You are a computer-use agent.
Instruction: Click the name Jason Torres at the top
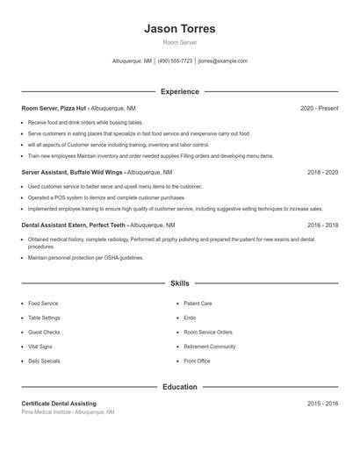coord(179,29)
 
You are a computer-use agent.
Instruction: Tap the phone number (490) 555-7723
coord(175,61)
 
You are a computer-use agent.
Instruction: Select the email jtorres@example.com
coord(223,61)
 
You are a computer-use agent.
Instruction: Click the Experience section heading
coord(179,91)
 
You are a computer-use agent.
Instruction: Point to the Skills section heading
coord(179,283)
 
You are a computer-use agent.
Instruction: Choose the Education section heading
coord(179,387)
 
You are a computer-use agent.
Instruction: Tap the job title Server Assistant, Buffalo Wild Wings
coord(73,173)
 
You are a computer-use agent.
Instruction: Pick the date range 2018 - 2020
coord(322,173)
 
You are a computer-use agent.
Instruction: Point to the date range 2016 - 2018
coord(322,225)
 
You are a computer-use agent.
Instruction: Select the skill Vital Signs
coord(40,347)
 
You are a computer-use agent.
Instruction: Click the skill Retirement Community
coord(209,347)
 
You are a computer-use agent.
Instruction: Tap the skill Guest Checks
coord(43,333)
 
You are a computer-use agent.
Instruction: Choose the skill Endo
coord(190,318)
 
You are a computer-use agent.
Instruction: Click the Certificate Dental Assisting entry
coord(59,404)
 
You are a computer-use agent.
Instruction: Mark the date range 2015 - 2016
coord(322,404)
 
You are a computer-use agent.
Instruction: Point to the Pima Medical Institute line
coord(68,411)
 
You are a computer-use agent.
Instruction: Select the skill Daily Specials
coord(44,361)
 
